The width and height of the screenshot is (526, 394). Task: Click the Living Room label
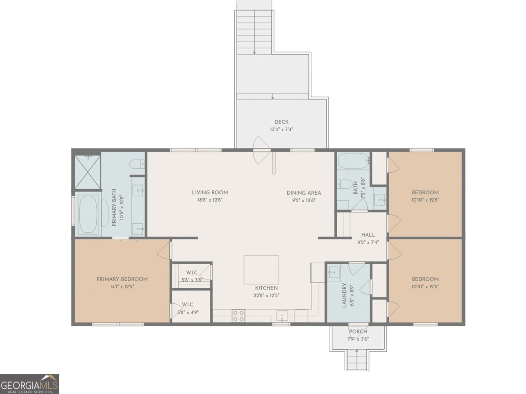point(210,192)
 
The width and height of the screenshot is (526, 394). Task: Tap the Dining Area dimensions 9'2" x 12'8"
point(304,200)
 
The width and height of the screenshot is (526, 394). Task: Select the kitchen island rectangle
point(261,270)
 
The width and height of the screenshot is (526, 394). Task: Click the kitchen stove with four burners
point(238,316)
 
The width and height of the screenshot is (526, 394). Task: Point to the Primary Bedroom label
point(122,279)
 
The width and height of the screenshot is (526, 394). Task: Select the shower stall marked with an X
point(88,172)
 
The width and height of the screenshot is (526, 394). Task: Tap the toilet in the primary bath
point(137,164)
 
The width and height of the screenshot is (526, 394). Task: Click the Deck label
point(281,122)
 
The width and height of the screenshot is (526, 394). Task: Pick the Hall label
point(368,235)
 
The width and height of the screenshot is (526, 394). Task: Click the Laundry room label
point(344,295)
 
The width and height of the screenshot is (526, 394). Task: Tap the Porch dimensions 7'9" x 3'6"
point(358,339)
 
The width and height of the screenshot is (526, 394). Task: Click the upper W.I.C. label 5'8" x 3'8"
point(192,276)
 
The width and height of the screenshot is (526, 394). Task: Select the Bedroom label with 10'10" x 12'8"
point(425,196)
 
